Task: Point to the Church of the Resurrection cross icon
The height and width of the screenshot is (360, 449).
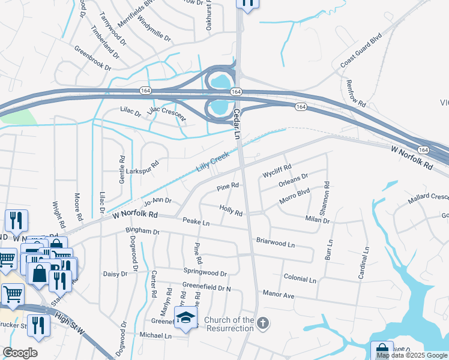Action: [x=262, y=324]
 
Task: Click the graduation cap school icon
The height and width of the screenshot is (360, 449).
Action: [x=187, y=319]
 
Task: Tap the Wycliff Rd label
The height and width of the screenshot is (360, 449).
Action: [x=277, y=170]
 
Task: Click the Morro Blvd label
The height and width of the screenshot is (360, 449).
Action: [x=295, y=199]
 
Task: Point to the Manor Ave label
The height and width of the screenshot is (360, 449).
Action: [x=279, y=295]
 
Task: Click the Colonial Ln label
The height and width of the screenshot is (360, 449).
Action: [x=300, y=279]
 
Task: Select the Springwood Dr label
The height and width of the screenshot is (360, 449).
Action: [x=205, y=273]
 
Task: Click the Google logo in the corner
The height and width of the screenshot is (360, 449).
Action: [x=20, y=352]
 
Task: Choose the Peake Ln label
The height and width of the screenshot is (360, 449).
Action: [x=196, y=223]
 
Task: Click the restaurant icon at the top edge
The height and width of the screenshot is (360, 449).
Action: [x=248, y=4]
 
